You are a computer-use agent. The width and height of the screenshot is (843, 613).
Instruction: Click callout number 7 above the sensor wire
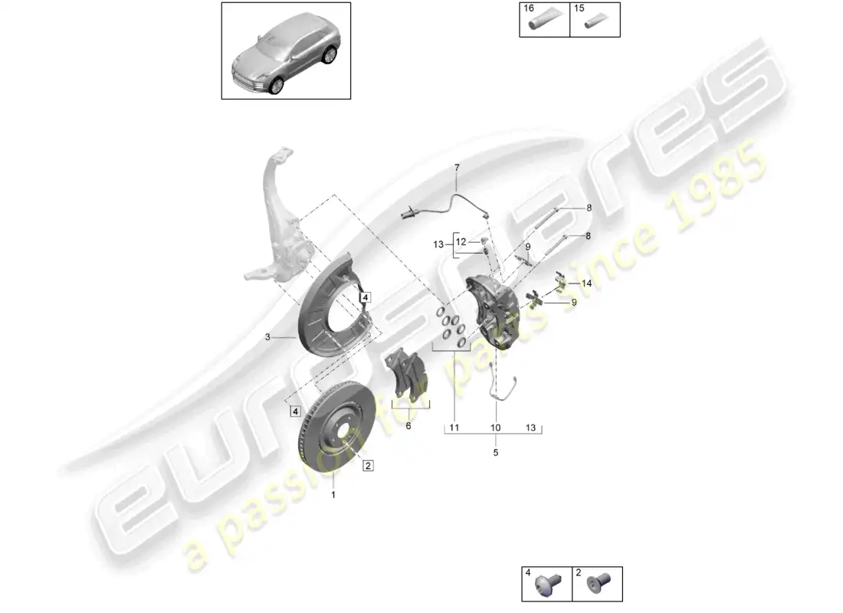click(x=457, y=167)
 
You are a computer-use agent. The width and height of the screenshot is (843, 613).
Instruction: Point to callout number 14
click(x=587, y=283)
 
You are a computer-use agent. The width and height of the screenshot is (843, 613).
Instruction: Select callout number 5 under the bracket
click(x=496, y=453)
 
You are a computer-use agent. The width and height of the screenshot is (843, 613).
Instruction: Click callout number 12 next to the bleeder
click(x=460, y=241)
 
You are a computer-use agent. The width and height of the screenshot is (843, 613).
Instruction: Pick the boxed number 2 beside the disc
click(x=368, y=465)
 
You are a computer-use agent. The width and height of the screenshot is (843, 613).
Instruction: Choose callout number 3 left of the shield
click(x=267, y=336)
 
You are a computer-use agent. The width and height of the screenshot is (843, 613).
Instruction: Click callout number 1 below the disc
click(x=333, y=494)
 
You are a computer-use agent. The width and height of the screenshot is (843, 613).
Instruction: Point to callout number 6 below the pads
click(x=408, y=425)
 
